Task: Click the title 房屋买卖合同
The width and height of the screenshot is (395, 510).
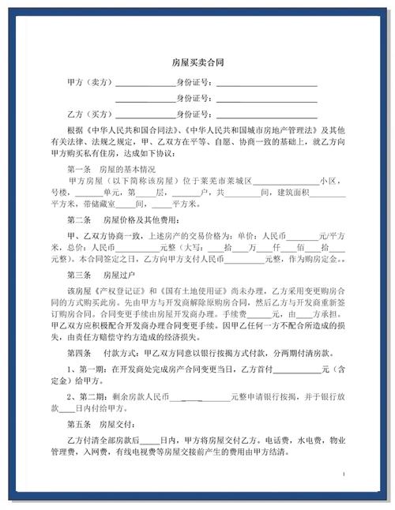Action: [197, 61]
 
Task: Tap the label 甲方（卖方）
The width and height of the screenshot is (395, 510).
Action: [91, 81]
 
